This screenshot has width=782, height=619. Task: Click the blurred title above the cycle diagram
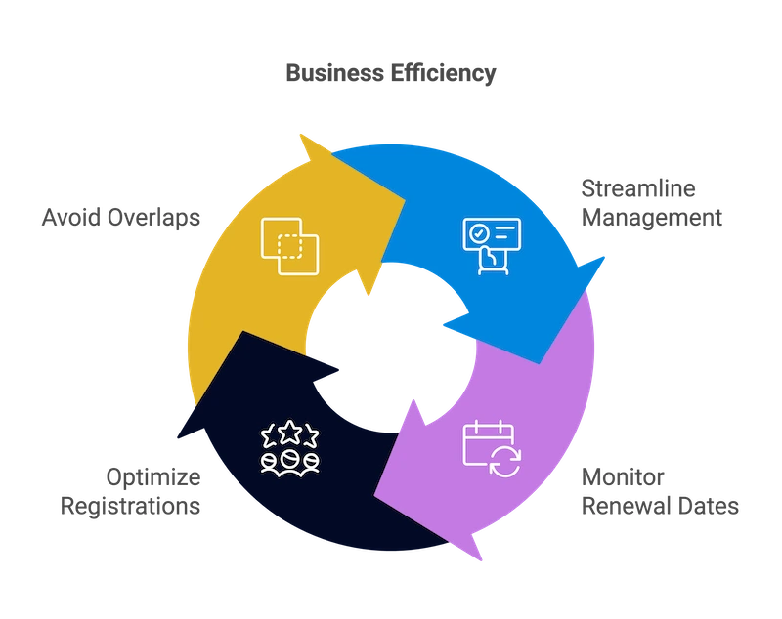[391, 73]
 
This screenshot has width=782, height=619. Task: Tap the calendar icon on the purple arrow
[492, 448]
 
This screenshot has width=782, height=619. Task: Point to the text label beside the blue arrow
[652, 201]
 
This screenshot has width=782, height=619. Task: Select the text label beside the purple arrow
[660, 493]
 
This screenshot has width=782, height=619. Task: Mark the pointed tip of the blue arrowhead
[608, 255]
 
